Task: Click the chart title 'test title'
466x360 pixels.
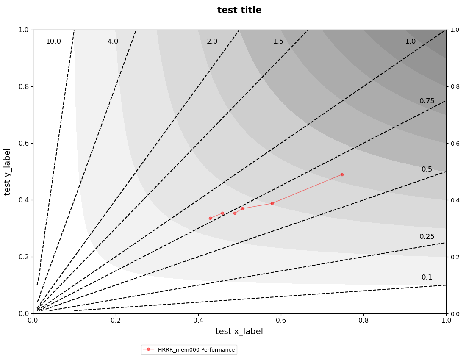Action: pyautogui.click(x=239, y=11)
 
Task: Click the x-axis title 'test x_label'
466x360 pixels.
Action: pyautogui.click(x=239, y=332)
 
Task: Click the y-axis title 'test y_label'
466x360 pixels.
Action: pyautogui.click(x=7, y=172)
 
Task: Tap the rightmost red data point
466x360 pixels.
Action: pyautogui.click(x=342, y=174)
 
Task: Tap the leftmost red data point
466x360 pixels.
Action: pyautogui.click(x=210, y=218)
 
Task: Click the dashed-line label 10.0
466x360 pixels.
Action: pyautogui.click(x=53, y=42)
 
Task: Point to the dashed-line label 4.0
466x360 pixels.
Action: pyautogui.click(x=113, y=42)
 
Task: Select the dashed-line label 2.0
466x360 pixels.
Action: pyautogui.click(x=212, y=42)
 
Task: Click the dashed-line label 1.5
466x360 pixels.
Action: pyautogui.click(x=278, y=42)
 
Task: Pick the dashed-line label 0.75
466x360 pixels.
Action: pyautogui.click(x=427, y=101)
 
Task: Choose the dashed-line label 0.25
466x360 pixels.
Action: pyautogui.click(x=427, y=237)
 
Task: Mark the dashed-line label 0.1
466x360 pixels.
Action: pyautogui.click(x=427, y=277)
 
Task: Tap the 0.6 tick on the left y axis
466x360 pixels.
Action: pyautogui.click(x=24, y=143)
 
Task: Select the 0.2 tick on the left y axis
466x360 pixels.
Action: pyautogui.click(x=24, y=257)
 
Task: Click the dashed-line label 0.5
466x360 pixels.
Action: pyautogui.click(x=427, y=169)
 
